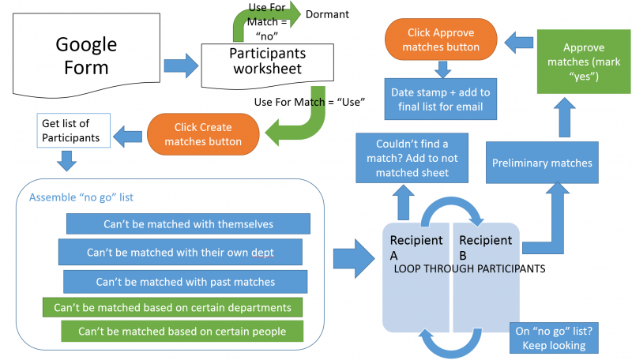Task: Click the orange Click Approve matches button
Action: point(441,40)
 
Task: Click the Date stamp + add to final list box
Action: point(440,99)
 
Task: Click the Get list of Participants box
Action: point(72,130)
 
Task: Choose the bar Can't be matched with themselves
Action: point(187,224)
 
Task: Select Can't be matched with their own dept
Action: point(180,253)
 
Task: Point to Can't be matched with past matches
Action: point(185,281)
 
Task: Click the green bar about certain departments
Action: point(172,307)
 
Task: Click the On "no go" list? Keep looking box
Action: point(551,338)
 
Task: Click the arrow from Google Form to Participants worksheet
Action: point(179,64)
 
